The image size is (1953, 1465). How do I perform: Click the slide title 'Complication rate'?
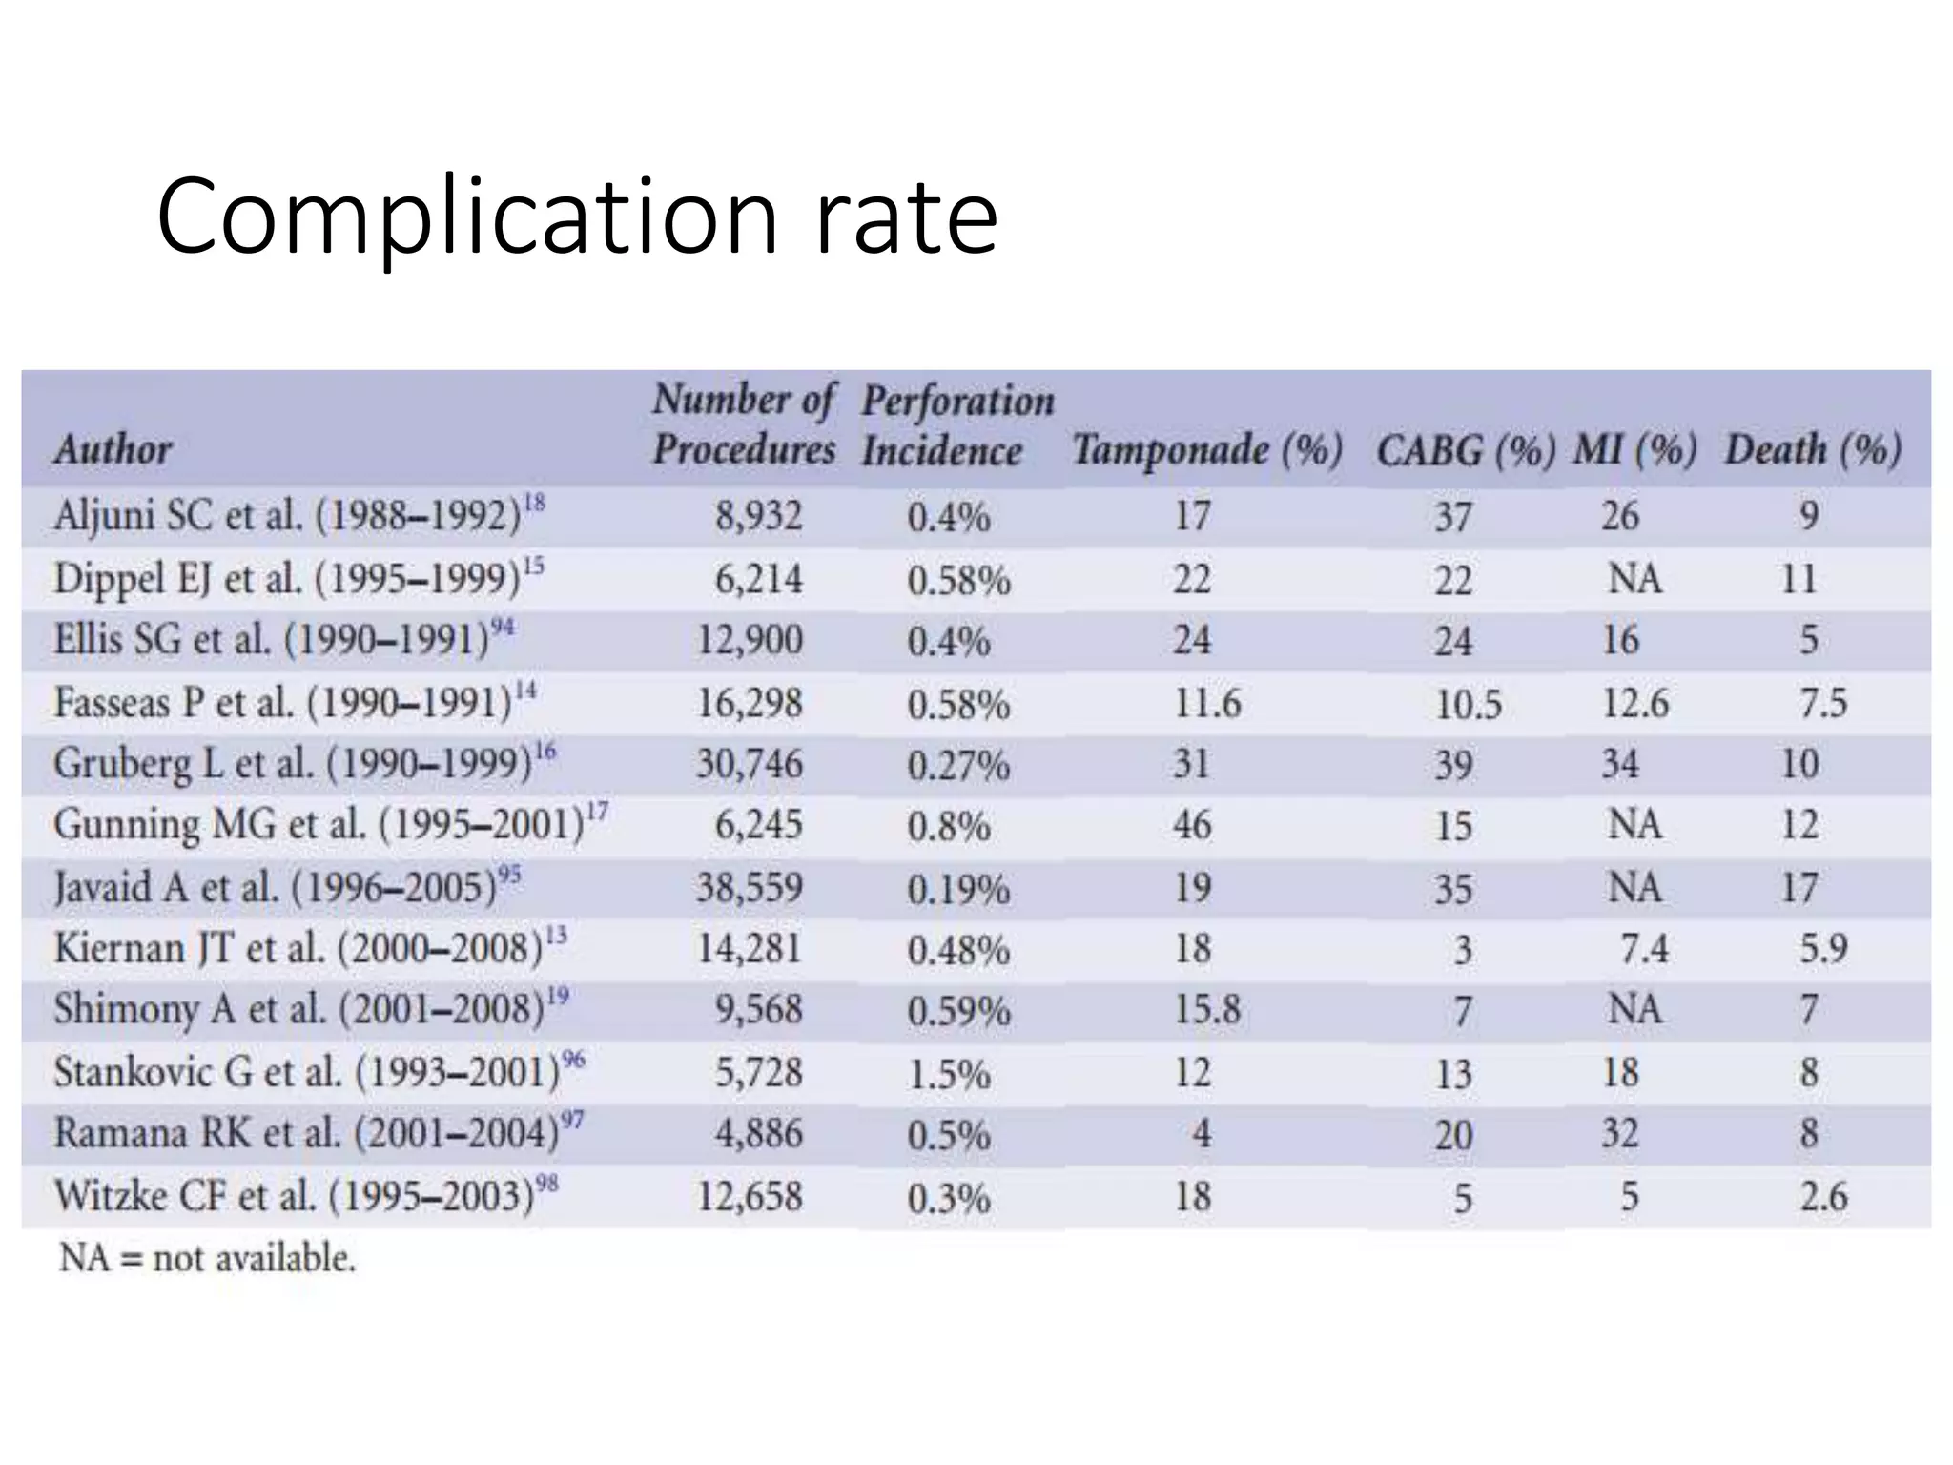pos(577,217)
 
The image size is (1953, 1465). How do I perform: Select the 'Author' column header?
pos(113,449)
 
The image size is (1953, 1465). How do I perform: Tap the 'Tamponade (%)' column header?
pos(1206,449)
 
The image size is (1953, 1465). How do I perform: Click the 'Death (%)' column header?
pos(1812,449)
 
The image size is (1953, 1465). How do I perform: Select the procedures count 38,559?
pos(749,888)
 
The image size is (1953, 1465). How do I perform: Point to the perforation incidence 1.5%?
pos(949,1074)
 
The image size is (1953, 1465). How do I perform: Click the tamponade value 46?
pos(1192,825)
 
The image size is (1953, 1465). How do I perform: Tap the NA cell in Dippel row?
pos(1634,579)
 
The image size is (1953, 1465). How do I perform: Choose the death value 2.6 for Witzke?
pos(1823,1196)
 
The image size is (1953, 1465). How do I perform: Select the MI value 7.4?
pos(1644,949)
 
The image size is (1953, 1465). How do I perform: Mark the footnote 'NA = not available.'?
pos(207,1258)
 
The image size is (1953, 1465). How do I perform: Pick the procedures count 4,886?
pos(759,1134)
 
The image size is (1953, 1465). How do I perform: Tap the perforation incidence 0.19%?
pos(958,890)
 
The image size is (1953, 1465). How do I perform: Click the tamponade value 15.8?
pos(1206,1010)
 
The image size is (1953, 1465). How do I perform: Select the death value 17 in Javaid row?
pos(1799,888)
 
